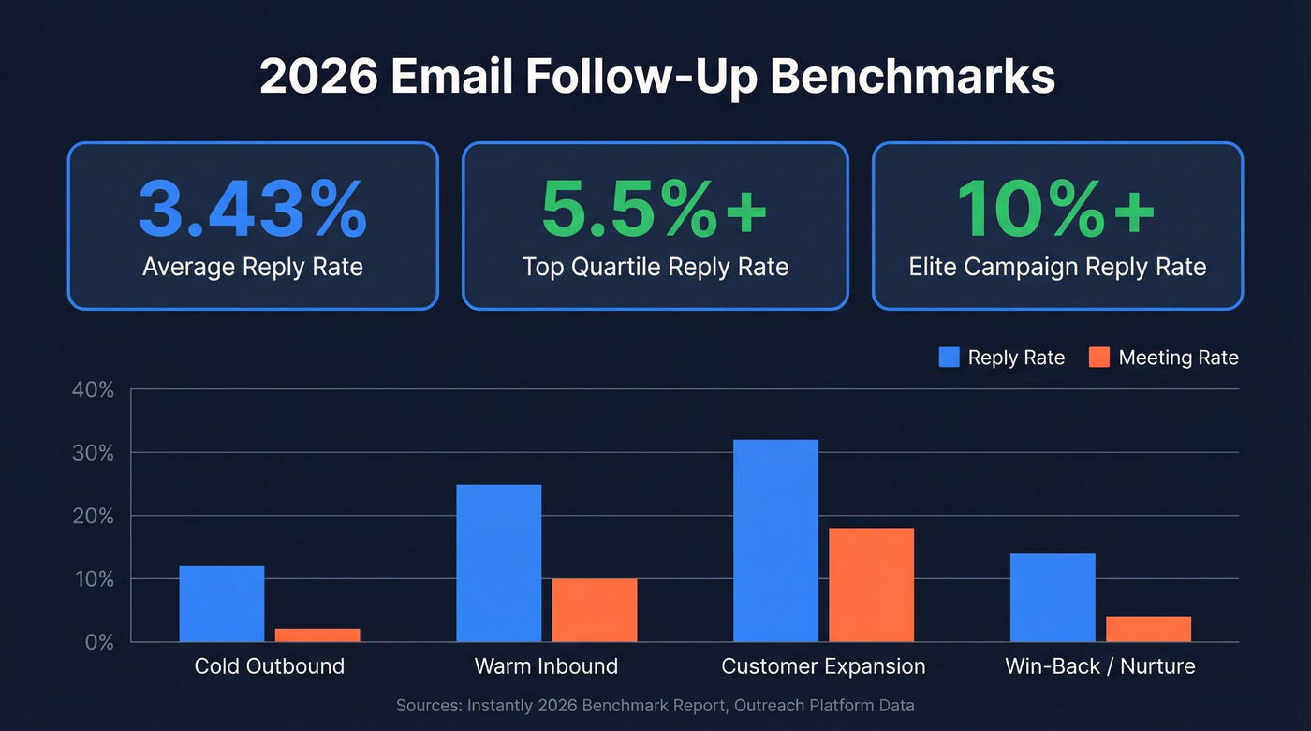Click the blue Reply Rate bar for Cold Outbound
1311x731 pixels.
click(222, 605)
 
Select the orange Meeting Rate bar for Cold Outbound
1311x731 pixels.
click(317, 636)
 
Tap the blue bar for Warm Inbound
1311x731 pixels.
click(498, 563)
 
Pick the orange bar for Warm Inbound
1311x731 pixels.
click(595, 610)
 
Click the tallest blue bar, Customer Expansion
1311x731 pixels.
click(775, 541)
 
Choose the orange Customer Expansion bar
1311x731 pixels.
click(871, 585)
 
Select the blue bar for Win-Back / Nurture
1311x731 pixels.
click(1053, 598)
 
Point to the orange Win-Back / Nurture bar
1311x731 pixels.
click(1148, 629)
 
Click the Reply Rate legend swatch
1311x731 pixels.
click(949, 358)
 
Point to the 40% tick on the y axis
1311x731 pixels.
click(93, 390)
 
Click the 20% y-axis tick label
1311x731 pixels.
click(93, 517)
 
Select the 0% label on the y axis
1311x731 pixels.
click(98, 643)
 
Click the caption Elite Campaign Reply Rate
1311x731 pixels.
click(1057, 267)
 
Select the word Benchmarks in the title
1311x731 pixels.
click(913, 78)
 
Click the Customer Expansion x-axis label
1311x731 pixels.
click(823, 666)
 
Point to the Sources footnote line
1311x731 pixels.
click(655, 705)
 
